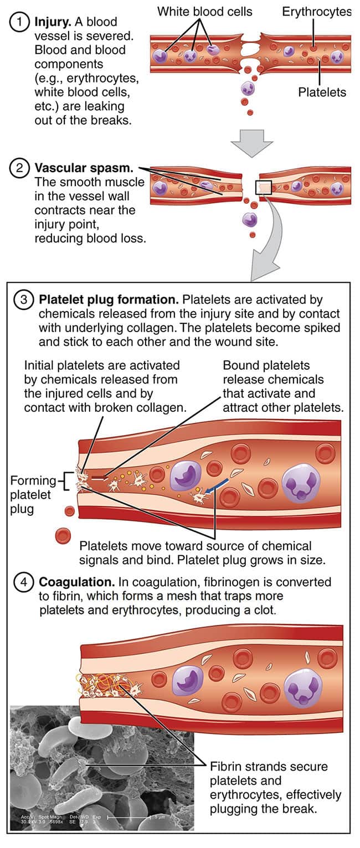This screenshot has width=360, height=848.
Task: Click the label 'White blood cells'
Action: (x=204, y=11)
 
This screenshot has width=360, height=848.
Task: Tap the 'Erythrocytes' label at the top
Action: (x=316, y=11)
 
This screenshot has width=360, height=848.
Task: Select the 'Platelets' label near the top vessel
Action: (x=322, y=92)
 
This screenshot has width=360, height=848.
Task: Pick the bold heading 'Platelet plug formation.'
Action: (x=109, y=300)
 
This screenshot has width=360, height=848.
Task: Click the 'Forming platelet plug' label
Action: (x=31, y=494)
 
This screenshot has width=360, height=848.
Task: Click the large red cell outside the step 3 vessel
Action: (x=63, y=535)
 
